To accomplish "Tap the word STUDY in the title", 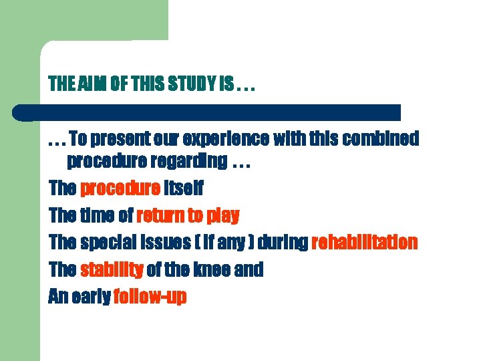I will (x=190, y=85).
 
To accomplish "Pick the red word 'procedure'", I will (x=120, y=189).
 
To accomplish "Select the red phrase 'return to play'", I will (x=188, y=216).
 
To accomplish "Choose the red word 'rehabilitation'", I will (x=365, y=243).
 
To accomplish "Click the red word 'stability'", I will (x=112, y=270).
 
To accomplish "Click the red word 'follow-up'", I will (x=150, y=297).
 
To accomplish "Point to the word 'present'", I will (x=124, y=139).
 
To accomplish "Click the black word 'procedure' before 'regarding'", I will (x=108, y=162).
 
